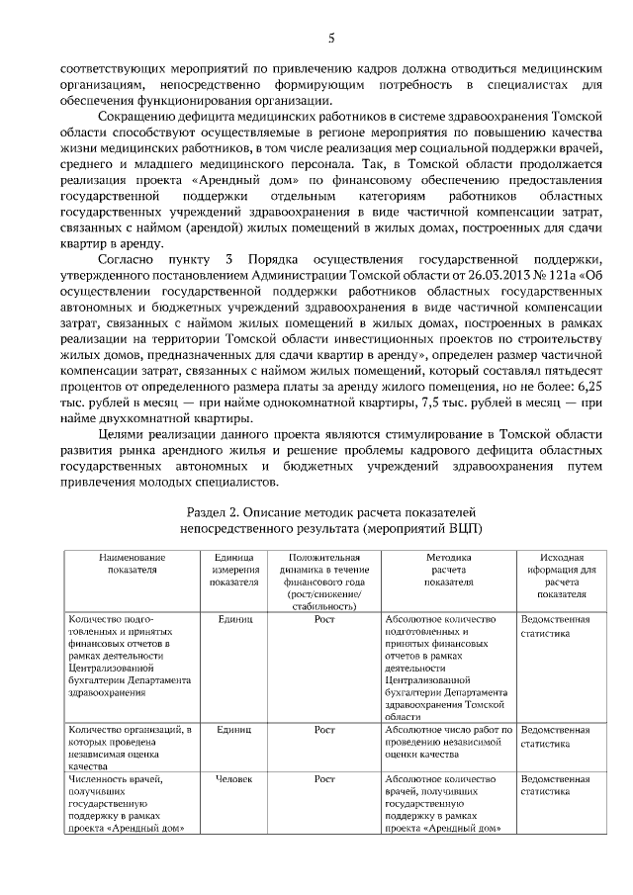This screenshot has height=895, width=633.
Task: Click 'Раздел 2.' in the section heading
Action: pos(216,513)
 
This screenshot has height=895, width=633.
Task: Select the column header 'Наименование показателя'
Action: pos(127,564)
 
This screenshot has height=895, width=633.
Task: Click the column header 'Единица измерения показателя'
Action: pos(234,570)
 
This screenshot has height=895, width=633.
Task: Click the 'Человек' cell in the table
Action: pos(234,779)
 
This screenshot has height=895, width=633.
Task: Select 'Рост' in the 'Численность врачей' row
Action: pos(324,779)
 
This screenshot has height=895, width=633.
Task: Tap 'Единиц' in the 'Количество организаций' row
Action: pos(234,730)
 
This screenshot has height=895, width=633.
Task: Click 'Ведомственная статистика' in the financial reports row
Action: pos(554,626)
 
